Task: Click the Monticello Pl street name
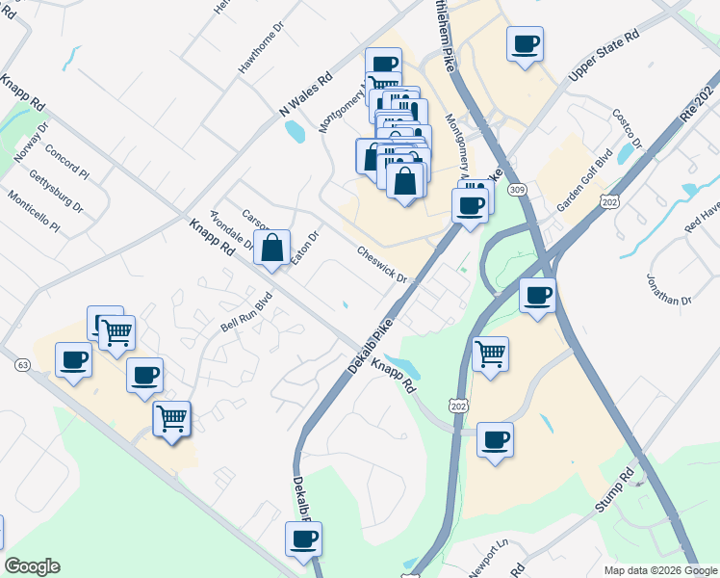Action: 34,213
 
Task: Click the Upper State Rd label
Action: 604,61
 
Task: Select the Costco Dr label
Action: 626,128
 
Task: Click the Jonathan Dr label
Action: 671,286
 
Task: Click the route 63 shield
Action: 22,365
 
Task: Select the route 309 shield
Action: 519,189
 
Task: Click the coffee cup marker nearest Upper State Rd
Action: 525,43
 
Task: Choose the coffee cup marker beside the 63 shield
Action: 73,361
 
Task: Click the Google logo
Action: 32,566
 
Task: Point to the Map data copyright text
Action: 660,570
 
